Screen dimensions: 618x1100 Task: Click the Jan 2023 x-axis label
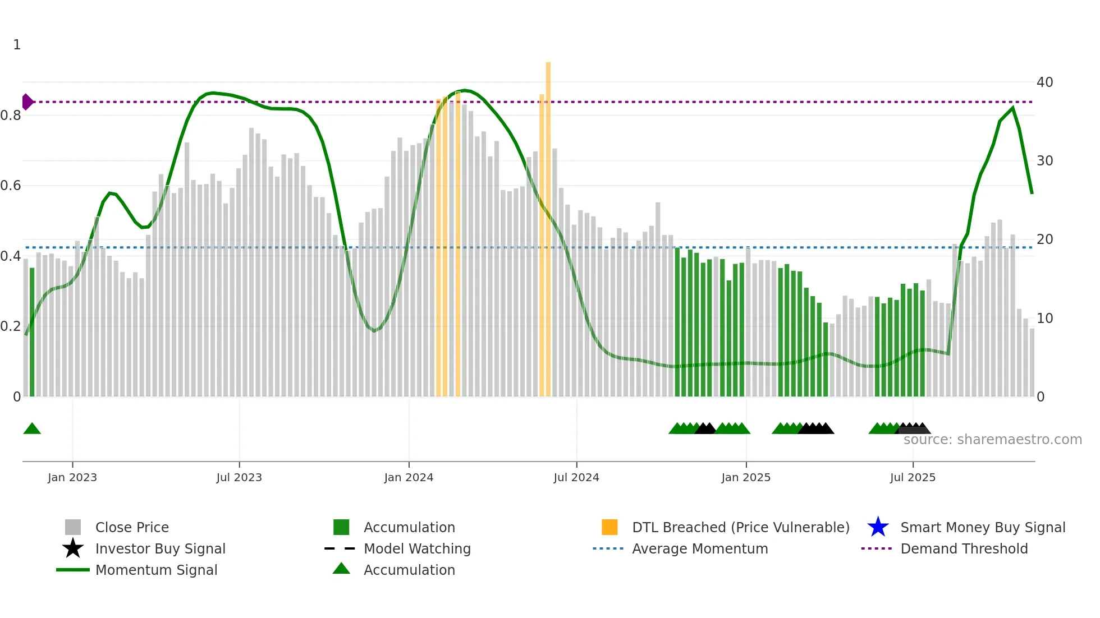point(72,477)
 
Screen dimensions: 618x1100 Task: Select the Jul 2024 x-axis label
point(576,477)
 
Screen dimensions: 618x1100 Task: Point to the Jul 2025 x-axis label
point(913,477)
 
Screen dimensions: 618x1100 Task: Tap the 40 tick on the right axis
point(1044,82)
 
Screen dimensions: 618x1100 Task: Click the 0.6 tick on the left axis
point(11,186)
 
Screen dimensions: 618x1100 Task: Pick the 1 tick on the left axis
point(17,45)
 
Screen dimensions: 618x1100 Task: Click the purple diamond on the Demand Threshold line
point(27,102)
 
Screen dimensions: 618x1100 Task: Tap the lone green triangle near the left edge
point(32,429)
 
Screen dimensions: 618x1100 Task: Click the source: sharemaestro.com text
point(992,440)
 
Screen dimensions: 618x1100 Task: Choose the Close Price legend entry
point(132,528)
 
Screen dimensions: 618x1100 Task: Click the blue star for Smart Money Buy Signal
point(878,528)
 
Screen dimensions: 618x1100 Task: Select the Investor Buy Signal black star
point(73,549)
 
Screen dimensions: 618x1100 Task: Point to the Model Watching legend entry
point(417,549)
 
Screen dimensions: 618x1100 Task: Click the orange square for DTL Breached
point(609,528)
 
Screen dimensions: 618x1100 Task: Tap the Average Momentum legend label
point(700,549)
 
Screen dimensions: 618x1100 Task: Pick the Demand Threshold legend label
point(964,549)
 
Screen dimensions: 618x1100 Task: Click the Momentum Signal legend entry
point(156,570)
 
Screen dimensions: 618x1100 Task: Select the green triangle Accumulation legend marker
point(341,569)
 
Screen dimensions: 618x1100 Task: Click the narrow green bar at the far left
point(32,332)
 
